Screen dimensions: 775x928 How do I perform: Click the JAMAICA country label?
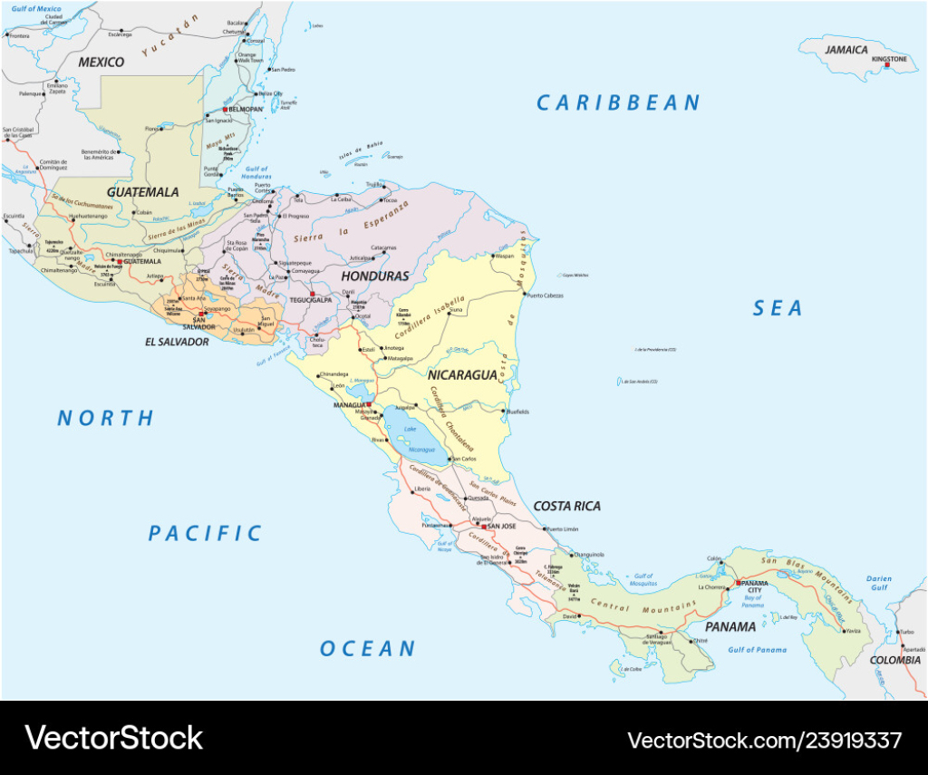[846, 50]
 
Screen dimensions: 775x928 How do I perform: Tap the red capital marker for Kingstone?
[887, 66]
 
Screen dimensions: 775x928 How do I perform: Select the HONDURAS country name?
[374, 276]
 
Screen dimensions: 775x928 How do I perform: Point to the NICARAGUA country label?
[462, 374]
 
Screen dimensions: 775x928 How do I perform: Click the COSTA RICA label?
[566, 506]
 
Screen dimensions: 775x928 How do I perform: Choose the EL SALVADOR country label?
[177, 342]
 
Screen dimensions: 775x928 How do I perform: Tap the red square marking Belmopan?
[226, 109]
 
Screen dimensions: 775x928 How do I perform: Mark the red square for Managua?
[369, 404]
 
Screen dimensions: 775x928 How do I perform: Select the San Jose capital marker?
[483, 526]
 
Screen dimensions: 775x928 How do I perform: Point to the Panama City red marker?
[739, 583]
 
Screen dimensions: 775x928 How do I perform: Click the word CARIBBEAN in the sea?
[618, 103]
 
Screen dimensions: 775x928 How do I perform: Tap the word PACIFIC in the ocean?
[205, 533]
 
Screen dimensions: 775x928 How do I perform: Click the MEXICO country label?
[101, 62]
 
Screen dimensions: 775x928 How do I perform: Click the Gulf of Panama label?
[758, 650]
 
